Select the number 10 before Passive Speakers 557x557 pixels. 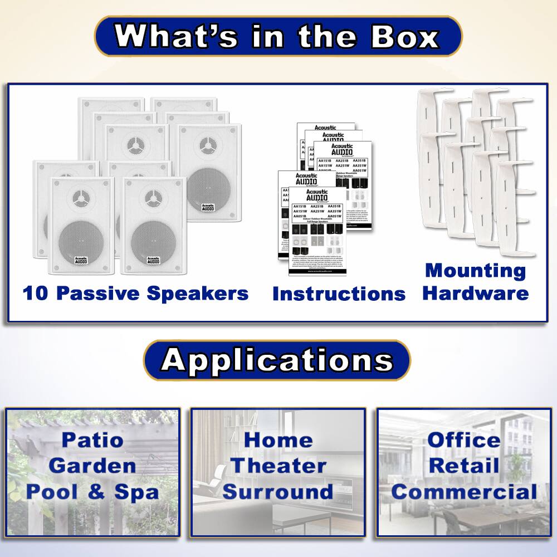[36, 292]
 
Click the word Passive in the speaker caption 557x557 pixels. [99, 292]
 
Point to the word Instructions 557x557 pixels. [339, 294]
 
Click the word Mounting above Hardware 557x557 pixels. [475, 271]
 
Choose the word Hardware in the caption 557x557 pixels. [475, 293]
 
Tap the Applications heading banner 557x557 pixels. [277, 360]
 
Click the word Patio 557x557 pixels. [92, 439]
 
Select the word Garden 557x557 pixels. [92, 465]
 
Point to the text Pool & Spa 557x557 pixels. [92, 491]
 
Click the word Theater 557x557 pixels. [278, 465]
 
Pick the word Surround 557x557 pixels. [278, 491]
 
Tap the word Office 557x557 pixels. [463, 439]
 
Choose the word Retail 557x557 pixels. [463, 465]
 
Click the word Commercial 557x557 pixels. [463, 491]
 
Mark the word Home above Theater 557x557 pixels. [278, 439]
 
